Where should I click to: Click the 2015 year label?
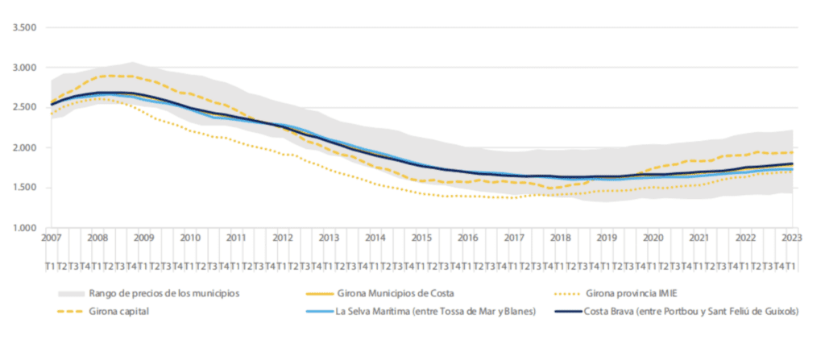[x=421, y=238]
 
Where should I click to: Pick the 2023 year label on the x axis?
[x=790, y=238]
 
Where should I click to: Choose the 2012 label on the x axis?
[x=283, y=238]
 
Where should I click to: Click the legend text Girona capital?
[x=126, y=312]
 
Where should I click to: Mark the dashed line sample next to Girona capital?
[x=71, y=312]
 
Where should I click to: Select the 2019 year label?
[x=606, y=238]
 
